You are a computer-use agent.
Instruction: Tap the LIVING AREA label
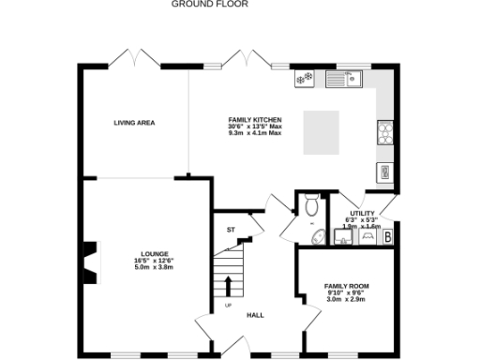click(x=134, y=123)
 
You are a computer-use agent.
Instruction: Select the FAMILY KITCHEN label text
click(x=255, y=120)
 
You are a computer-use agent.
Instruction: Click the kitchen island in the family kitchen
click(x=322, y=132)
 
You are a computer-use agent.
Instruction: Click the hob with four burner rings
click(x=385, y=131)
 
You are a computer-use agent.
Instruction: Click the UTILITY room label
click(x=361, y=214)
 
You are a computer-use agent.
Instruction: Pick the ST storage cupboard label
click(x=231, y=230)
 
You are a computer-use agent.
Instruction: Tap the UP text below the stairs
click(x=227, y=306)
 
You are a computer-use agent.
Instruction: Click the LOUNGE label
click(x=155, y=254)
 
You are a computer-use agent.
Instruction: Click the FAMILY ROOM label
click(x=346, y=285)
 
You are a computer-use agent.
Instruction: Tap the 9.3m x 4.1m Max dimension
click(x=255, y=133)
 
